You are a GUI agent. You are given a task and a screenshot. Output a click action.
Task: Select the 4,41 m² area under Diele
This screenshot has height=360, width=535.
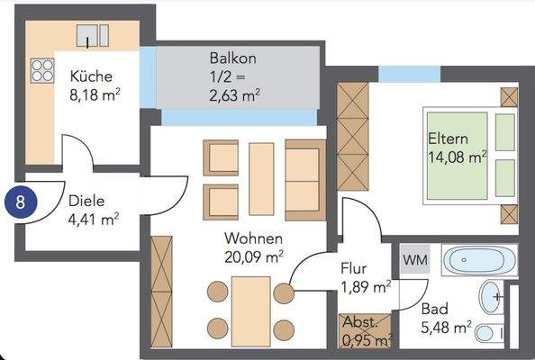(x=95, y=218)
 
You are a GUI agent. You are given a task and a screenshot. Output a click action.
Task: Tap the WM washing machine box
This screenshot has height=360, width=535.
(x=416, y=259)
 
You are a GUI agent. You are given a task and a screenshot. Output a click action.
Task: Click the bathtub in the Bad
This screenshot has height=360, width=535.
(x=480, y=260)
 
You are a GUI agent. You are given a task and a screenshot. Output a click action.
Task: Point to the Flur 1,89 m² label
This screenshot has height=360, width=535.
(x=365, y=278)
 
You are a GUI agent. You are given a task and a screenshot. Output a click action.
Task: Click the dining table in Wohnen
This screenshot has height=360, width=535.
(x=250, y=310)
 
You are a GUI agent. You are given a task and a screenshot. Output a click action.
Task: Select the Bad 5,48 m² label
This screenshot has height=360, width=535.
(x=446, y=317)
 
